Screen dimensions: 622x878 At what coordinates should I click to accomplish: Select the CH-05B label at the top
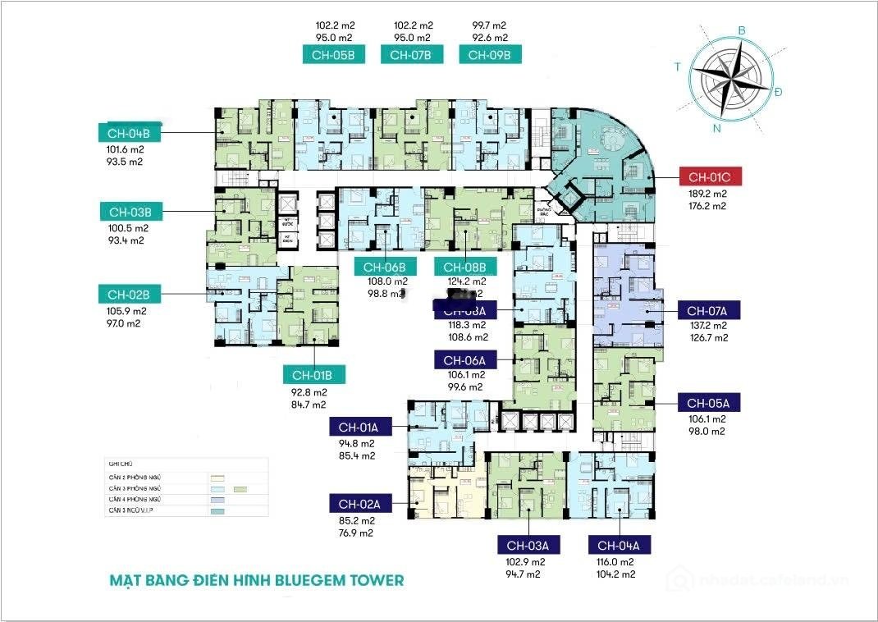point(333,55)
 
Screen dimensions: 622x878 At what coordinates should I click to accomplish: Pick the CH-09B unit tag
point(490,55)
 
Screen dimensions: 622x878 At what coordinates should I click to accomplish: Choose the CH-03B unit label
point(131,213)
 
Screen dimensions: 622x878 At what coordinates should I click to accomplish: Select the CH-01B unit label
point(313,375)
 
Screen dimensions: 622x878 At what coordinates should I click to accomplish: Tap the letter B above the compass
point(742,31)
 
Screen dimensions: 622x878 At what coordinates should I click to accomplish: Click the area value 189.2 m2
point(707,194)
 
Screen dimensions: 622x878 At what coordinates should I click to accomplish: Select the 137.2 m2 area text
point(707,326)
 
